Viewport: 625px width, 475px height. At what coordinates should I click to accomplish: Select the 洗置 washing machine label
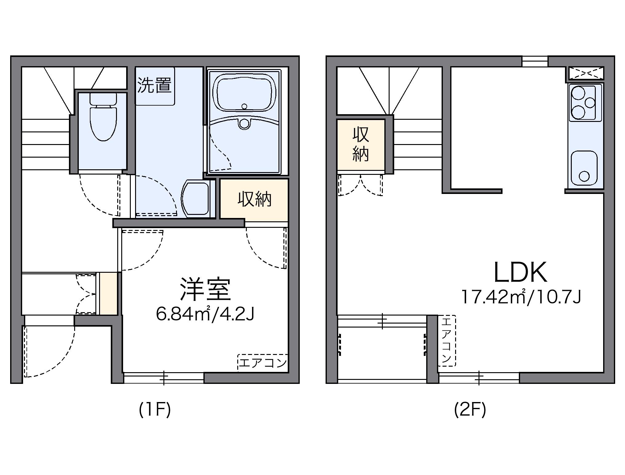tap(154, 85)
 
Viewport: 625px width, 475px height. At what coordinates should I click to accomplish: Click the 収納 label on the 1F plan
tap(254, 199)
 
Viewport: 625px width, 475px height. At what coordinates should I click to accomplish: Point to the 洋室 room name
tap(205, 290)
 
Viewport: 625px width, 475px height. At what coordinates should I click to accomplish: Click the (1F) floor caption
tap(154, 410)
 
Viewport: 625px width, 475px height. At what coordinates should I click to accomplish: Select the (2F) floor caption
tap(470, 410)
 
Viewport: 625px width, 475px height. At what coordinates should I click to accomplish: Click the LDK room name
tap(520, 273)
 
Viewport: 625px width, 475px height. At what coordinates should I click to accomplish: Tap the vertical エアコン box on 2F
tap(447, 340)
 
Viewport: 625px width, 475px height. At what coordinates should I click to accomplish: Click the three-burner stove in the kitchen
tap(583, 103)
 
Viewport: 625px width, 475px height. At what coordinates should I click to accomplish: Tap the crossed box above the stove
tap(586, 73)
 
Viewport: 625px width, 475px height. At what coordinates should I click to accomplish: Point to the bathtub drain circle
tap(244, 107)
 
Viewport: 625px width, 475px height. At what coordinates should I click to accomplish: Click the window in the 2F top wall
tap(535, 61)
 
